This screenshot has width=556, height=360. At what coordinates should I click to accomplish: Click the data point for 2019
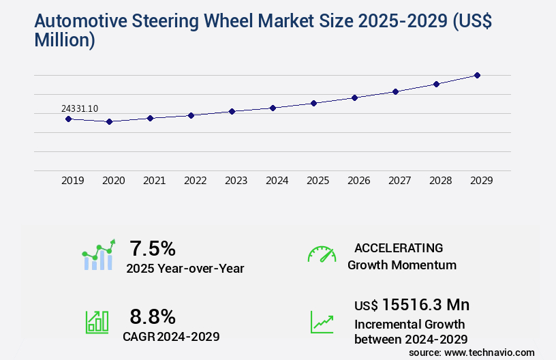pyautogui.click(x=68, y=119)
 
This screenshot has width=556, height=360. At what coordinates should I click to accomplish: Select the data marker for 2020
pyautogui.click(x=109, y=121)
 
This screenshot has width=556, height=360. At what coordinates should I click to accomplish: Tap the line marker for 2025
pyautogui.click(x=313, y=103)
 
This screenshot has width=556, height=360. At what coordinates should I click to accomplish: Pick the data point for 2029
pyautogui.click(x=477, y=75)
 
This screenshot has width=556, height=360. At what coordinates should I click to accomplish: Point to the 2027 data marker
pyautogui.click(x=395, y=91)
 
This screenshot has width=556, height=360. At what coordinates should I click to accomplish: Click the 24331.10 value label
pyautogui.click(x=79, y=108)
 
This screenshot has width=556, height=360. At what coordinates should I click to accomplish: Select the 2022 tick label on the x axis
pyautogui.click(x=195, y=181)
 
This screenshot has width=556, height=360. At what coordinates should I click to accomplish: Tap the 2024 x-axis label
pyautogui.click(x=277, y=181)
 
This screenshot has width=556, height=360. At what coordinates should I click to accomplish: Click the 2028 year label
pyautogui.click(x=440, y=181)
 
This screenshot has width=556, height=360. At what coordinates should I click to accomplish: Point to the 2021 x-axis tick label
pyautogui.click(x=154, y=181)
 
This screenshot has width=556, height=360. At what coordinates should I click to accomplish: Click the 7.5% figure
pyautogui.click(x=153, y=247)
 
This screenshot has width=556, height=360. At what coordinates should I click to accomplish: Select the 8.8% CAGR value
pyautogui.click(x=153, y=316)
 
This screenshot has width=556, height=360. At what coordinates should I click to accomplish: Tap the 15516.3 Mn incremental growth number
pyautogui.click(x=425, y=304)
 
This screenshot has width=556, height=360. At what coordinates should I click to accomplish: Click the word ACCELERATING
pyautogui.click(x=399, y=247)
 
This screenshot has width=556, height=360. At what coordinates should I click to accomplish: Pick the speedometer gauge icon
pyautogui.click(x=322, y=254)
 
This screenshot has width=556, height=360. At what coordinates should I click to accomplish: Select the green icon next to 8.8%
pyautogui.click(x=96, y=322)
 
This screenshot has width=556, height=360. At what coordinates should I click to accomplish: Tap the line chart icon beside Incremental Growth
pyautogui.click(x=322, y=322)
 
